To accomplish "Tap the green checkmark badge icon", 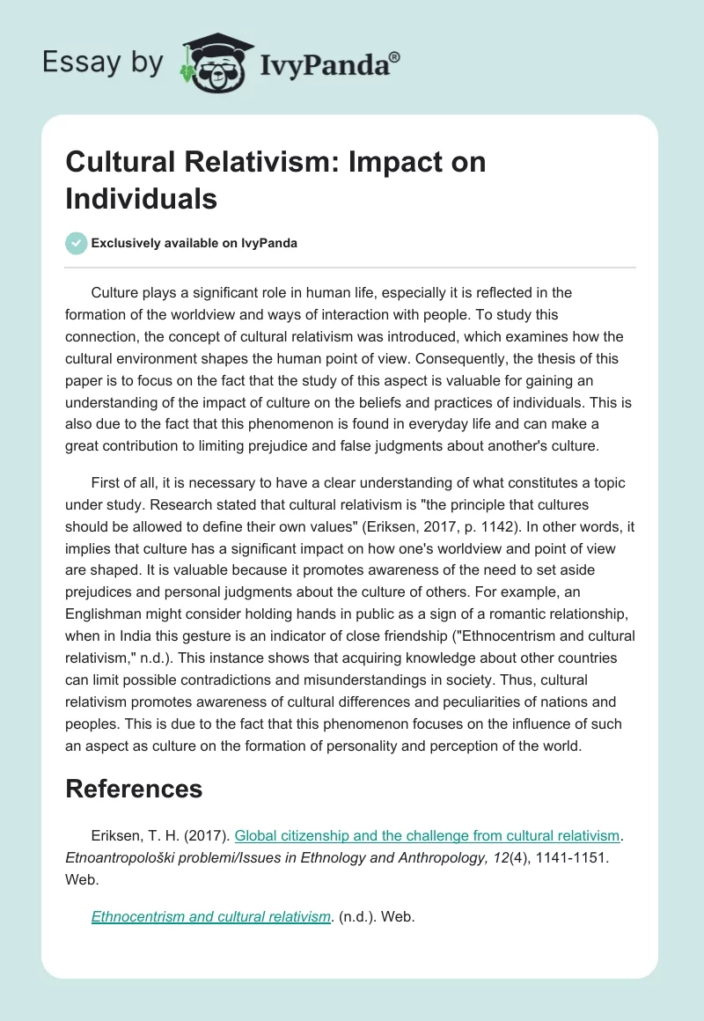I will tap(77, 243).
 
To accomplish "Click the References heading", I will tap(134, 788).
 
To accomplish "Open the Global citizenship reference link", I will tap(429, 835).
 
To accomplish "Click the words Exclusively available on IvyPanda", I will tap(194, 243).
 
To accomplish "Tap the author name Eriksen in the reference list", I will tap(115, 835).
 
